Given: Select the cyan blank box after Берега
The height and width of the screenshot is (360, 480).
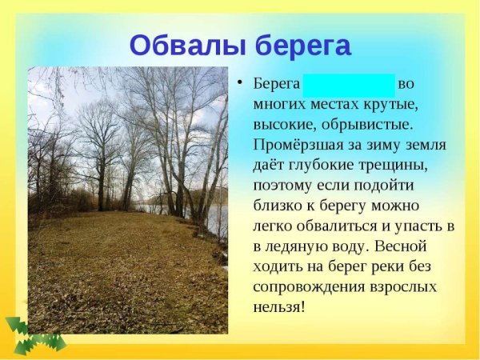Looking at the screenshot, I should (349, 84).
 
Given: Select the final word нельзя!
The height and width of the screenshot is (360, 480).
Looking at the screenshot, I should (279, 306).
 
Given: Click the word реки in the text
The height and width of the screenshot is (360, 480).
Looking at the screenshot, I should (396, 266).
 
